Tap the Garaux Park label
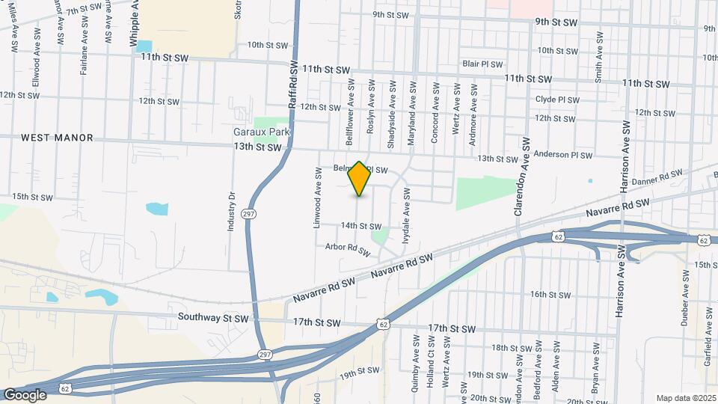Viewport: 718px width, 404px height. pyautogui.click(x=260, y=132)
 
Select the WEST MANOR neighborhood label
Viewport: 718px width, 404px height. pyautogui.click(x=57, y=138)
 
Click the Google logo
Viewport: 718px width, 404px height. pyautogui.click(x=25, y=394)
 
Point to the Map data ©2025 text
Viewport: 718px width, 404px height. pyautogui.click(x=685, y=398)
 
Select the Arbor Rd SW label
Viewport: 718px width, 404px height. pyautogui.click(x=348, y=248)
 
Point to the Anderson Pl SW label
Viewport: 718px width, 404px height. pyautogui.click(x=566, y=156)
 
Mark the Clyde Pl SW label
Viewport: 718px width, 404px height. pyautogui.click(x=557, y=99)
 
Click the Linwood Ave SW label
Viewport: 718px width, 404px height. pyautogui.click(x=318, y=198)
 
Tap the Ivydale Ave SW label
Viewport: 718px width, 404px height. pyautogui.click(x=406, y=217)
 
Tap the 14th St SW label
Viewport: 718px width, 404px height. pyautogui.click(x=360, y=226)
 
